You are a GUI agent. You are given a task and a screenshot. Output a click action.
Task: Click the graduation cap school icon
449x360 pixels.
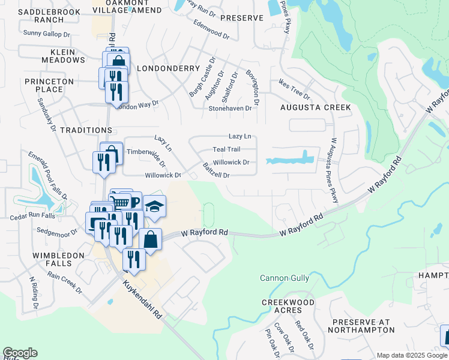click(x=154, y=206)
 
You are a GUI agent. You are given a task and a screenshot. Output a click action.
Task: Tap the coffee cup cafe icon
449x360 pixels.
click(x=133, y=202)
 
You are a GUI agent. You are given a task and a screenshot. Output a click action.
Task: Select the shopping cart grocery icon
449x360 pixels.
click(x=121, y=201)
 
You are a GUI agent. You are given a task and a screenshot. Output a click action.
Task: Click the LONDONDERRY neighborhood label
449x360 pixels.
click(x=164, y=68)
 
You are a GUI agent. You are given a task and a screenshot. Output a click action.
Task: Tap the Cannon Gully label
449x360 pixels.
click(x=285, y=278)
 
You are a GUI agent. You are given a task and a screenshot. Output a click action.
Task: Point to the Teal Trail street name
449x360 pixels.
click(x=226, y=149)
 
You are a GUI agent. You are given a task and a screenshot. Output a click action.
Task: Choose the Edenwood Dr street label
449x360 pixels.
click(x=211, y=29)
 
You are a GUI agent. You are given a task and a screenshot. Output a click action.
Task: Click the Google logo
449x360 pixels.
click(x=20, y=353)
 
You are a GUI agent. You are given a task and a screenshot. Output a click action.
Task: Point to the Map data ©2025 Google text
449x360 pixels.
click(x=411, y=355)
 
